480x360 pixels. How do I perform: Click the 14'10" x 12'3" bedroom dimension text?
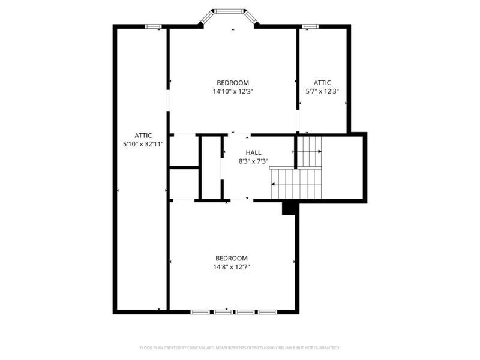[233, 92]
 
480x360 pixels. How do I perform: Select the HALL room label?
[253, 152]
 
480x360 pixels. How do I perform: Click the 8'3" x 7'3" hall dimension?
[253, 161]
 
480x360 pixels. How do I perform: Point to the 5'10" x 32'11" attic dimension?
[143, 144]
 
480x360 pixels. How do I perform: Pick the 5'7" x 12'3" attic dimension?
[322, 92]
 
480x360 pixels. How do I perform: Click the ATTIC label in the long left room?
[143, 135]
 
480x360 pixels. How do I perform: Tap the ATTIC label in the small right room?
[322, 83]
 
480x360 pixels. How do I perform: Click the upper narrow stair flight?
[310, 151]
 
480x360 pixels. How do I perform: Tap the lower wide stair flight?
[296, 184]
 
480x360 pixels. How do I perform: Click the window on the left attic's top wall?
[154, 26]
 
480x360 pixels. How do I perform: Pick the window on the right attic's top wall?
[310, 26]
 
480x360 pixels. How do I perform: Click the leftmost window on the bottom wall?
[200, 312]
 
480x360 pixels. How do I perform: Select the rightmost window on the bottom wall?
[266, 312]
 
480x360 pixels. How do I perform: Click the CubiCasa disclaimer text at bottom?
[240, 347]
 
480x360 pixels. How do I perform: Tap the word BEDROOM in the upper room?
[233, 83]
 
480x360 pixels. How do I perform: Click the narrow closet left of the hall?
[211, 168]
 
